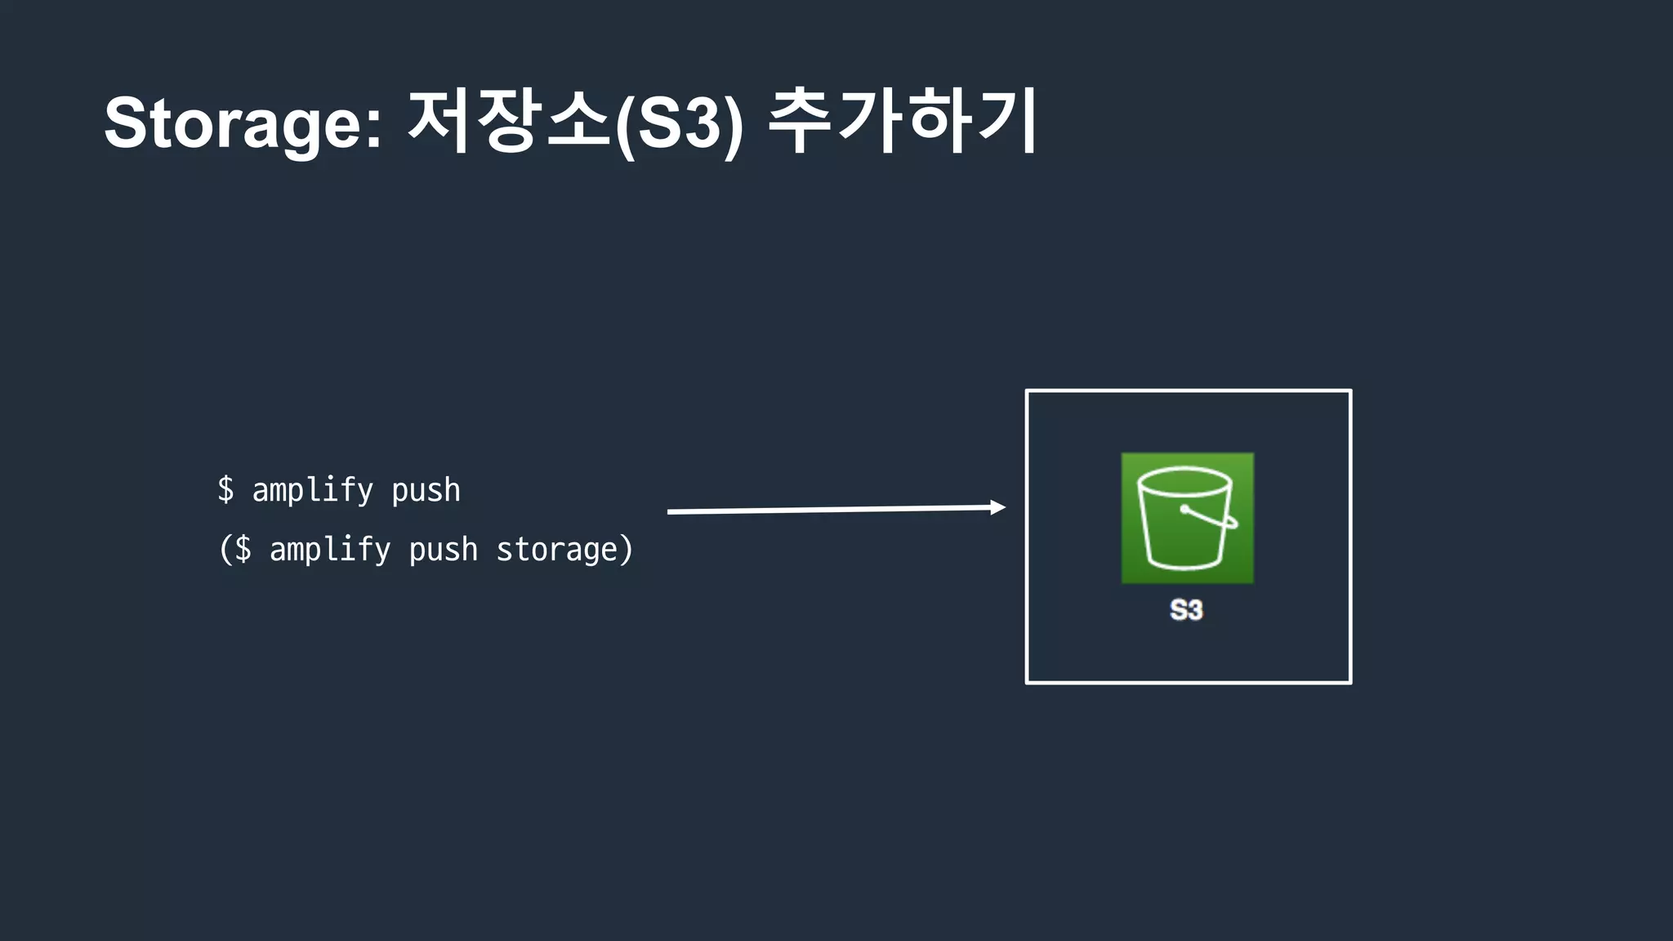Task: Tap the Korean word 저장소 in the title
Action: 507,123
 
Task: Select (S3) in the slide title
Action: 679,124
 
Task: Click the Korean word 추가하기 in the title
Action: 902,123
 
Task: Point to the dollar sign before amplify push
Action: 225,490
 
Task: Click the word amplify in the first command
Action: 312,491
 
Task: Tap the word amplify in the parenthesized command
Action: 330,550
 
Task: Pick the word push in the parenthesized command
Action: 443,551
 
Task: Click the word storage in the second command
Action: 556,550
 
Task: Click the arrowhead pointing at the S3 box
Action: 997,507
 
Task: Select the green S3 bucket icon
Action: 1187,518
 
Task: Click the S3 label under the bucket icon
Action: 1186,610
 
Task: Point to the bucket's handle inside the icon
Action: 1211,517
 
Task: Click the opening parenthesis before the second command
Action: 225,550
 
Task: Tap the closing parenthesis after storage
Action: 627,550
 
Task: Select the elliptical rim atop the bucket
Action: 1184,480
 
